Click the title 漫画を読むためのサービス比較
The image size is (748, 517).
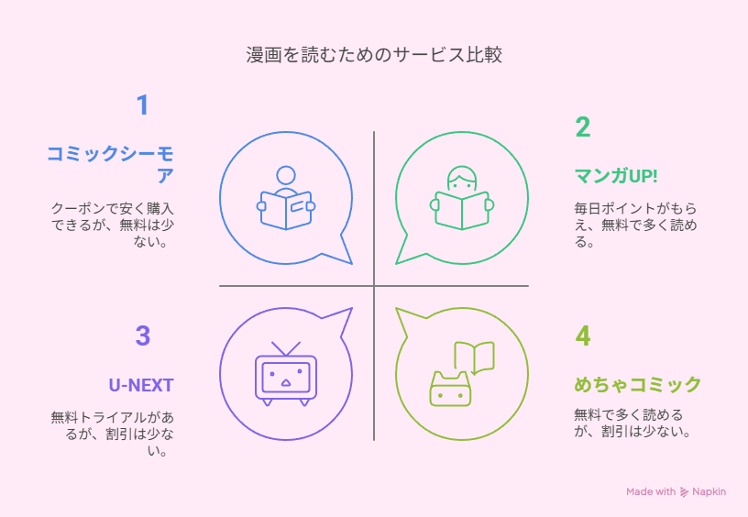[x=374, y=55]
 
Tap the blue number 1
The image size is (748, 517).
[x=143, y=104]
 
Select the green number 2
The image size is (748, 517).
[x=582, y=127]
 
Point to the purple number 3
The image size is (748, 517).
[x=143, y=335]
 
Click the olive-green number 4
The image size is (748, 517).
[x=582, y=335]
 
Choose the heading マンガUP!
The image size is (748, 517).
[x=616, y=176]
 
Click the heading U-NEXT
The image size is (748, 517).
[x=141, y=385]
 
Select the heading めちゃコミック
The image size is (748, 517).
[x=638, y=384]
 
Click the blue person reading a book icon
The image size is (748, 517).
[x=286, y=198]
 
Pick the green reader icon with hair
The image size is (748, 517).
[x=462, y=198]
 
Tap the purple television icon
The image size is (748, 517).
[x=286, y=374]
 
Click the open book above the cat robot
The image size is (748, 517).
[x=474, y=357]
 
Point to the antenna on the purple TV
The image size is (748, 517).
[x=286, y=348]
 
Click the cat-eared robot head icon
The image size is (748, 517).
[x=450, y=390]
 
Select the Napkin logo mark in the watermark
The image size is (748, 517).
[x=684, y=491]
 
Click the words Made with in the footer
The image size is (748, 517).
[x=651, y=491]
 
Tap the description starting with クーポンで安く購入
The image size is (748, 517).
[x=113, y=225]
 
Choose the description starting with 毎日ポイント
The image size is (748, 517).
[x=635, y=225]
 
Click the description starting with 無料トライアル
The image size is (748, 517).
[x=113, y=434]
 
